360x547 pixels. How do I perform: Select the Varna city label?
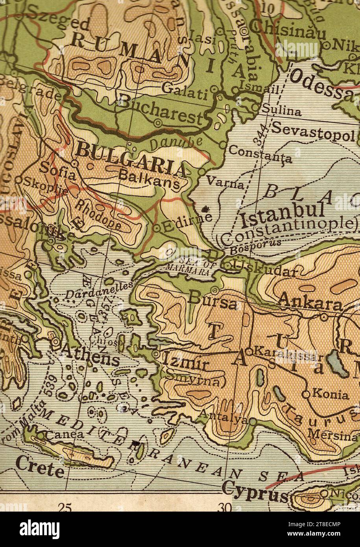coord(225,183)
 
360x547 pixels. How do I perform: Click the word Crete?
coord(40,468)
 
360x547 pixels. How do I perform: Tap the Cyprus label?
coord(255,492)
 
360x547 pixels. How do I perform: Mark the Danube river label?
coord(176,143)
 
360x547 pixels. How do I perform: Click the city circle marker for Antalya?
coord(252,422)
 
